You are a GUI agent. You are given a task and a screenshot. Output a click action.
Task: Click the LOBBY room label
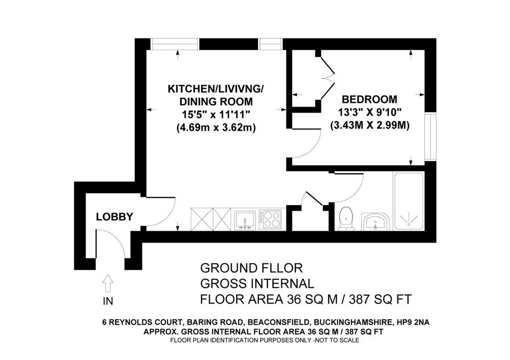[115, 217]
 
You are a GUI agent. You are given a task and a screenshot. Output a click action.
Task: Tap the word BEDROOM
[370, 99]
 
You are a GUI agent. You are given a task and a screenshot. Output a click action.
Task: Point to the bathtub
[408, 201]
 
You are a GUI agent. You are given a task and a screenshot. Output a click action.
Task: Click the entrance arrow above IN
[108, 283]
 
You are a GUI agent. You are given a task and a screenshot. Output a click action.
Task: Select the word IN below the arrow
[108, 301]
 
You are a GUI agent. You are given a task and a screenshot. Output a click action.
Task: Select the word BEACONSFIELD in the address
[278, 323]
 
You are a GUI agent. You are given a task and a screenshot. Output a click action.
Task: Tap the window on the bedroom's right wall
[430, 136]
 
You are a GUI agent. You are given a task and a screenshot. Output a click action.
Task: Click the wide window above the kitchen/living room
[175, 44]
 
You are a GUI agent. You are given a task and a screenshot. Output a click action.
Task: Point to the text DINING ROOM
[216, 102]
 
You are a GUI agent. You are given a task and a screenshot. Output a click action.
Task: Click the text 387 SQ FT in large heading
[380, 299]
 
